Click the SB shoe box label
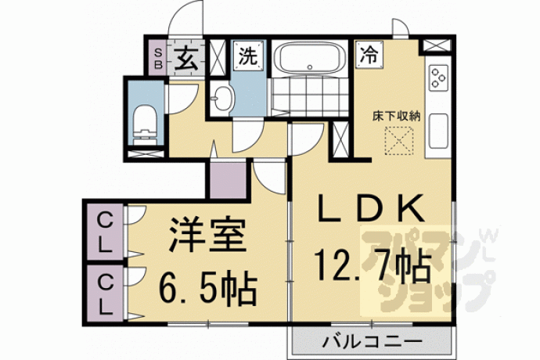pos(158,59)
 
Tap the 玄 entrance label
pos(185,58)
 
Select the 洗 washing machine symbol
pos(247,56)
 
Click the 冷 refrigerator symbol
pos(369,55)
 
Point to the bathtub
pos(310,58)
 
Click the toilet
pos(145,125)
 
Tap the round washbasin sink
pos(222,98)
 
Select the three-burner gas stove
pos(438,77)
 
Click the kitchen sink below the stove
pos(438,131)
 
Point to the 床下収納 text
pos(396,117)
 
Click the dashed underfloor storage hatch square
pos(399,141)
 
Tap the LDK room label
pos(371,208)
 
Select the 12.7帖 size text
pos(373,268)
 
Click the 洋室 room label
pos(207,236)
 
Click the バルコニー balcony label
pos(372,342)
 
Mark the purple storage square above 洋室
pos(228,179)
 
